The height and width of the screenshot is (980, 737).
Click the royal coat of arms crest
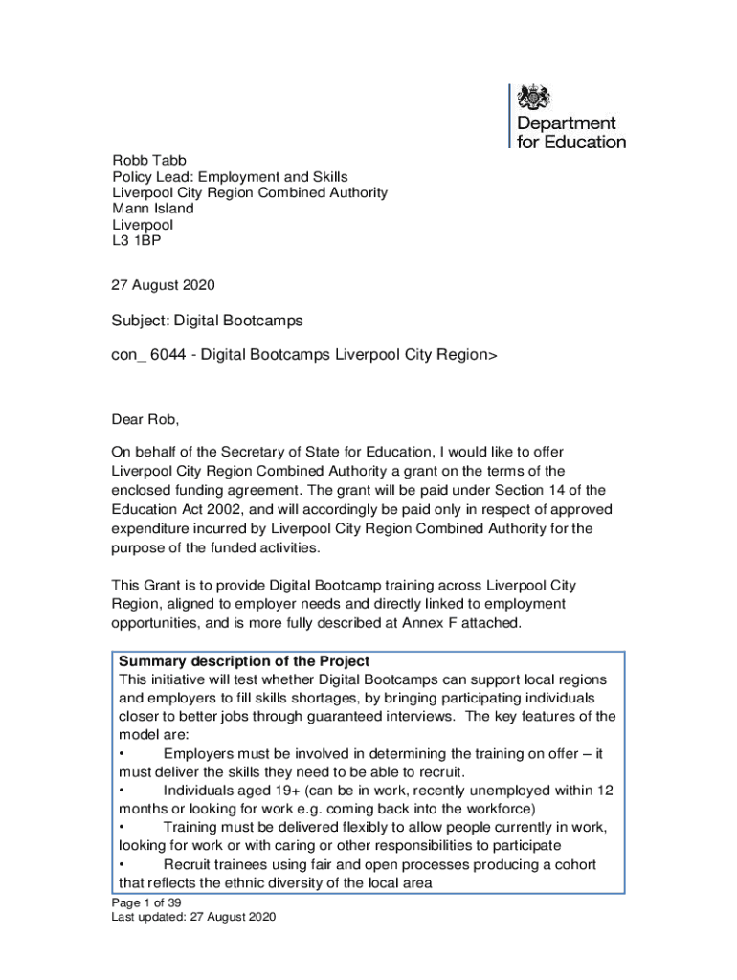pyautogui.click(x=534, y=98)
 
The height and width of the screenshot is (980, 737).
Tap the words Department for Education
pyautogui.click(x=570, y=133)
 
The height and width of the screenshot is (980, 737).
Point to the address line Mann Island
pyautogui.click(x=153, y=208)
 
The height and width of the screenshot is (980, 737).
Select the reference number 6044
pyautogui.click(x=170, y=355)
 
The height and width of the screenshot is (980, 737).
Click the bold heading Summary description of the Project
pyautogui.click(x=244, y=662)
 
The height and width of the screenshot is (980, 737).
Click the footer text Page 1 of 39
pyautogui.click(x=146, y=902)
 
